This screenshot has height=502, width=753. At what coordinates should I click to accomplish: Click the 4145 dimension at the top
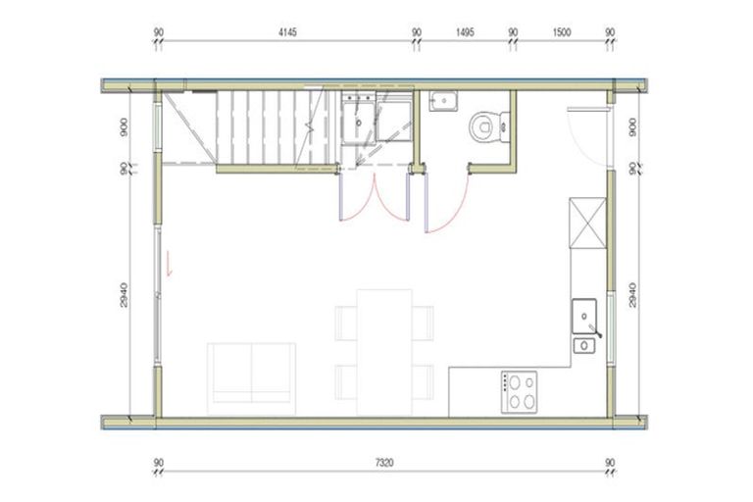[x=287, y=32]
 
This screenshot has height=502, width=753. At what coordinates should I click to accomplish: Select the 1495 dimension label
[x=466, y=32]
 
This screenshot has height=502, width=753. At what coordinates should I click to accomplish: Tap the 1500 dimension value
[x=561, y=32]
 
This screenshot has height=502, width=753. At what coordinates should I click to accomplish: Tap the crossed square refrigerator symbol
[x=587, y=224]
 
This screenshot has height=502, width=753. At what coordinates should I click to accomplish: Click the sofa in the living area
[x=251, y=373]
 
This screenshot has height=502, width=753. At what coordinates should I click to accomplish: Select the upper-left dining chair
[x=346, y=322]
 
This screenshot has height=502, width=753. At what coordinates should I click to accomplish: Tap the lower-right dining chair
[x=422, y=380]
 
